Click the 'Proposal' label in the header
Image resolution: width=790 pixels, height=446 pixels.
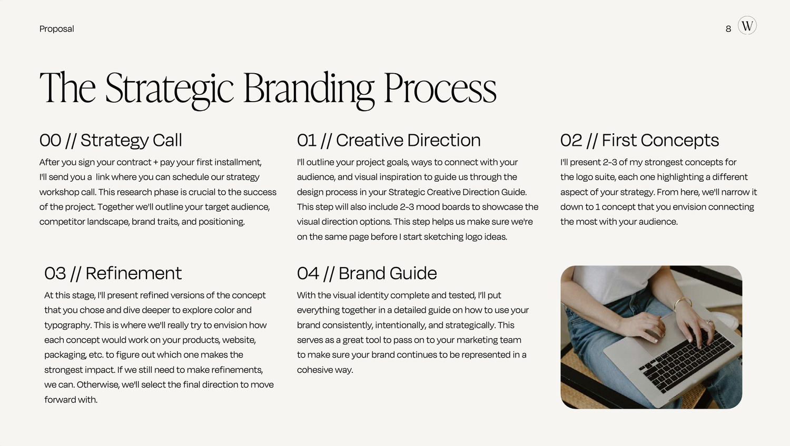coord(56,29)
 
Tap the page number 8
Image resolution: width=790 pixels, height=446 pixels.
coord(728,29)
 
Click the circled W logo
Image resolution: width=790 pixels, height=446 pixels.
coord(747,25)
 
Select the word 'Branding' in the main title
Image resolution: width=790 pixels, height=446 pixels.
coord(308,88)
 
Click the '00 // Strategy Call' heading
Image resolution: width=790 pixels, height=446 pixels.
coord(111,140)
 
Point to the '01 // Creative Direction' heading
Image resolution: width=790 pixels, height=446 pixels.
coord(389,140)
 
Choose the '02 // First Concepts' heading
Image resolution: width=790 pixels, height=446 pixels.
coord(639,140)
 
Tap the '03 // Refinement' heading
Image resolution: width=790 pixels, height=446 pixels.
coord(113,273)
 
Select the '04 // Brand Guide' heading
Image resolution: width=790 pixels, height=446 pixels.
coord(367,273)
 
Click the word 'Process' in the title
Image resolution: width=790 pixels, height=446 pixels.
coord(440,88)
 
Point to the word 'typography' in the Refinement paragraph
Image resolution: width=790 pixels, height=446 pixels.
coord(67,325)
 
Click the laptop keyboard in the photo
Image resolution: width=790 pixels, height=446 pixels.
coord(685,358)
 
